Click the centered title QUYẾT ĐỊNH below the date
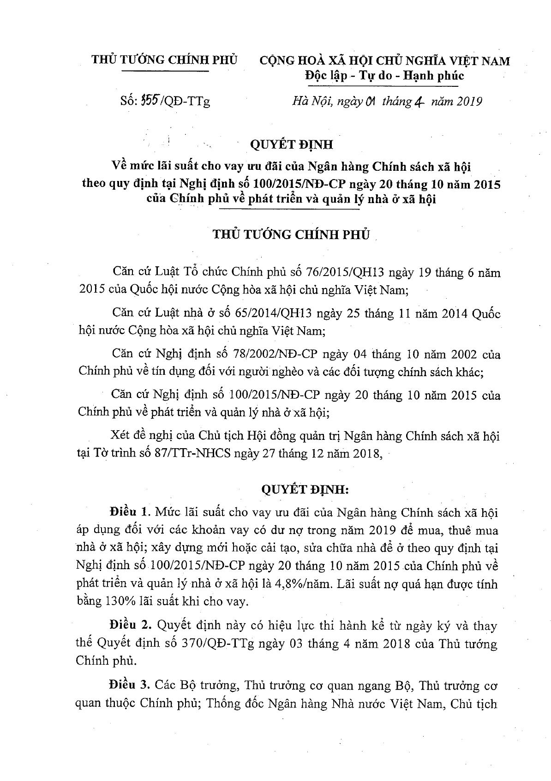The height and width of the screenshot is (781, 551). (x=291, y=145)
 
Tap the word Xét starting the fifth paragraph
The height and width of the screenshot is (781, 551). (x=121, y=436)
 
